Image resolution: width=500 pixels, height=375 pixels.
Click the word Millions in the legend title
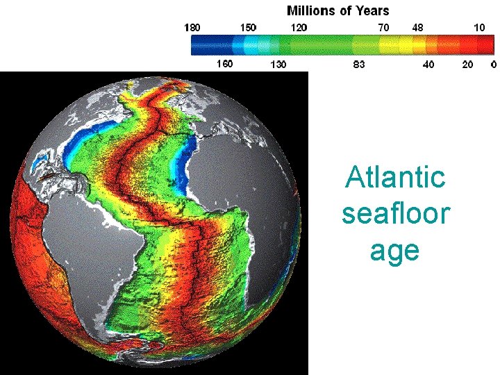(x=311, y=10)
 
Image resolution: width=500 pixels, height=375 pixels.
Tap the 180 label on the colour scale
(x=192, y=27)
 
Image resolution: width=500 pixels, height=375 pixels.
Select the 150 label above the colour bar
(x=248, y=27)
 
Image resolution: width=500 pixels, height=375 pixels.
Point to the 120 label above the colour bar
(x=299, y=27)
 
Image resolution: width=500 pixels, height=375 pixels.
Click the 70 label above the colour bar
(x=383, y=27)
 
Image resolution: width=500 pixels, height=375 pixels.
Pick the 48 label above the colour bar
(x=418, y=27)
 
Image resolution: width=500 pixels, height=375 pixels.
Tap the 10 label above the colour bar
(x=479, y=27)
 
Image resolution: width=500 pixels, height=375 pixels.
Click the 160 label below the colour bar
(x=224, y=64)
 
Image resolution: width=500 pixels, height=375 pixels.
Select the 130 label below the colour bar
(x=278, y=65)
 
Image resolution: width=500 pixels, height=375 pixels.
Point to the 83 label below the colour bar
(x=359, y=65)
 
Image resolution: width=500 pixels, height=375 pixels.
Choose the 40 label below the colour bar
(x=428, y=65)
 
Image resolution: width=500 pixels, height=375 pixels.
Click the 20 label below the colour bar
(x=467, y=65)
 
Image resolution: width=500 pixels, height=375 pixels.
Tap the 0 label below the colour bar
(x=493, y=65)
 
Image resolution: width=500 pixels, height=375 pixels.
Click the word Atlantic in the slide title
(x=395, y=177)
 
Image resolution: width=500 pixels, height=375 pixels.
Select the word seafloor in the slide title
(x=395, y=213)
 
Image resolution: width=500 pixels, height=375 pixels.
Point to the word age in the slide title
(x=394, y=250)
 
